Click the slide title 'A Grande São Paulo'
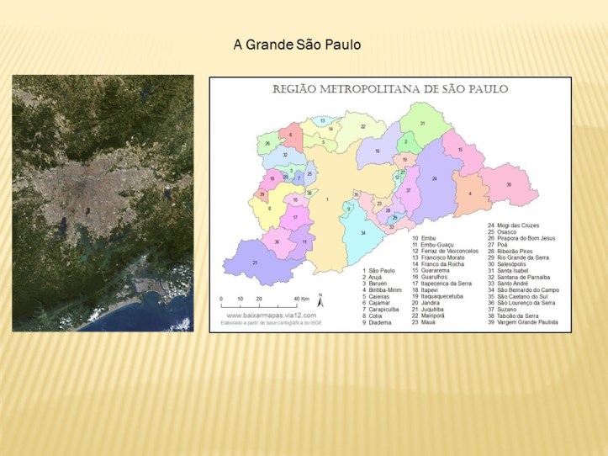296,43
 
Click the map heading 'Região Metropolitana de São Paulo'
390,88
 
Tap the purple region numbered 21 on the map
255,262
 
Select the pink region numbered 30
509,184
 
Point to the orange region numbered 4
470,194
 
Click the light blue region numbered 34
362,232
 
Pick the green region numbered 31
423,124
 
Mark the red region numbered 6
290,135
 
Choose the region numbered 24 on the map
435,179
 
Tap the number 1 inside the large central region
327,199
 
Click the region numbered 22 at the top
362,127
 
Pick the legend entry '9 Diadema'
378,322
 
